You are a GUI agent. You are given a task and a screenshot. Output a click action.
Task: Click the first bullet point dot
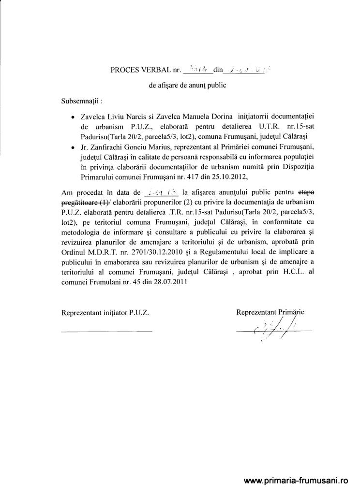[x=72, y=117]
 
